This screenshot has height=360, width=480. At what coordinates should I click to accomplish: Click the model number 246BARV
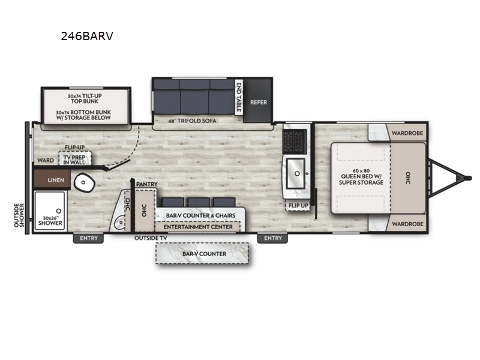[x=86, y=36]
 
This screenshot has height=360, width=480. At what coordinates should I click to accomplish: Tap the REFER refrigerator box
[x=259, y=102]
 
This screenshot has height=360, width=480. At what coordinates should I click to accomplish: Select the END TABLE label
[x=239, y=97]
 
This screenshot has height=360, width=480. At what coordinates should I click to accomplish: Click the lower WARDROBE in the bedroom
[x=407, y=224]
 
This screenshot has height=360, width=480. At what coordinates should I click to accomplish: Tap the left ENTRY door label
[x=88, y=238]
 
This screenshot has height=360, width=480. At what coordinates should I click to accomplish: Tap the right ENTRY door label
[x=272, y=238]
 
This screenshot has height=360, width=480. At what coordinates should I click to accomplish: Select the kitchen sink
[x=295, y=172]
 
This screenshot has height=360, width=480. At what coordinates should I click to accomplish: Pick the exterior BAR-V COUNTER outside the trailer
[x=204, y=254]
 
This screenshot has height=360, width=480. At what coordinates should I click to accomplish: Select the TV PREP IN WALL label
[x=75, y=159]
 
